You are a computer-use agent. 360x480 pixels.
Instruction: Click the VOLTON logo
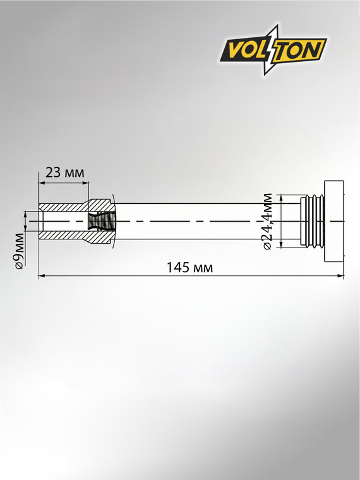[x=273, y=50]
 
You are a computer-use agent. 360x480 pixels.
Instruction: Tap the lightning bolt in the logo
[x=272, y=50]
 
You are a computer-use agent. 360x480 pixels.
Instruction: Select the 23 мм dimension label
[x=64, y=172]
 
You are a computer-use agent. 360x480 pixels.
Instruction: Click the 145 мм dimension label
[x=189, y=268]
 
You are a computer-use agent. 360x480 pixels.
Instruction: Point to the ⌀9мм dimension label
[x=20, y=251]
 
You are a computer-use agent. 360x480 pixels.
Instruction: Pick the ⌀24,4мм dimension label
[x=267, y=221]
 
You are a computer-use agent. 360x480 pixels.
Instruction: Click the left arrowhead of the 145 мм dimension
[x=42, y=276]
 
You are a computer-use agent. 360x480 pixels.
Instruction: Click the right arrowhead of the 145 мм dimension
[x=340, y=276]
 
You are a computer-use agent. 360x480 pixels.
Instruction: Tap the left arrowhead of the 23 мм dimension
[x=42, y=183]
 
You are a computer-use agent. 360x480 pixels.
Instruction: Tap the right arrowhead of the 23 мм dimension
[x=85, y=183]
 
